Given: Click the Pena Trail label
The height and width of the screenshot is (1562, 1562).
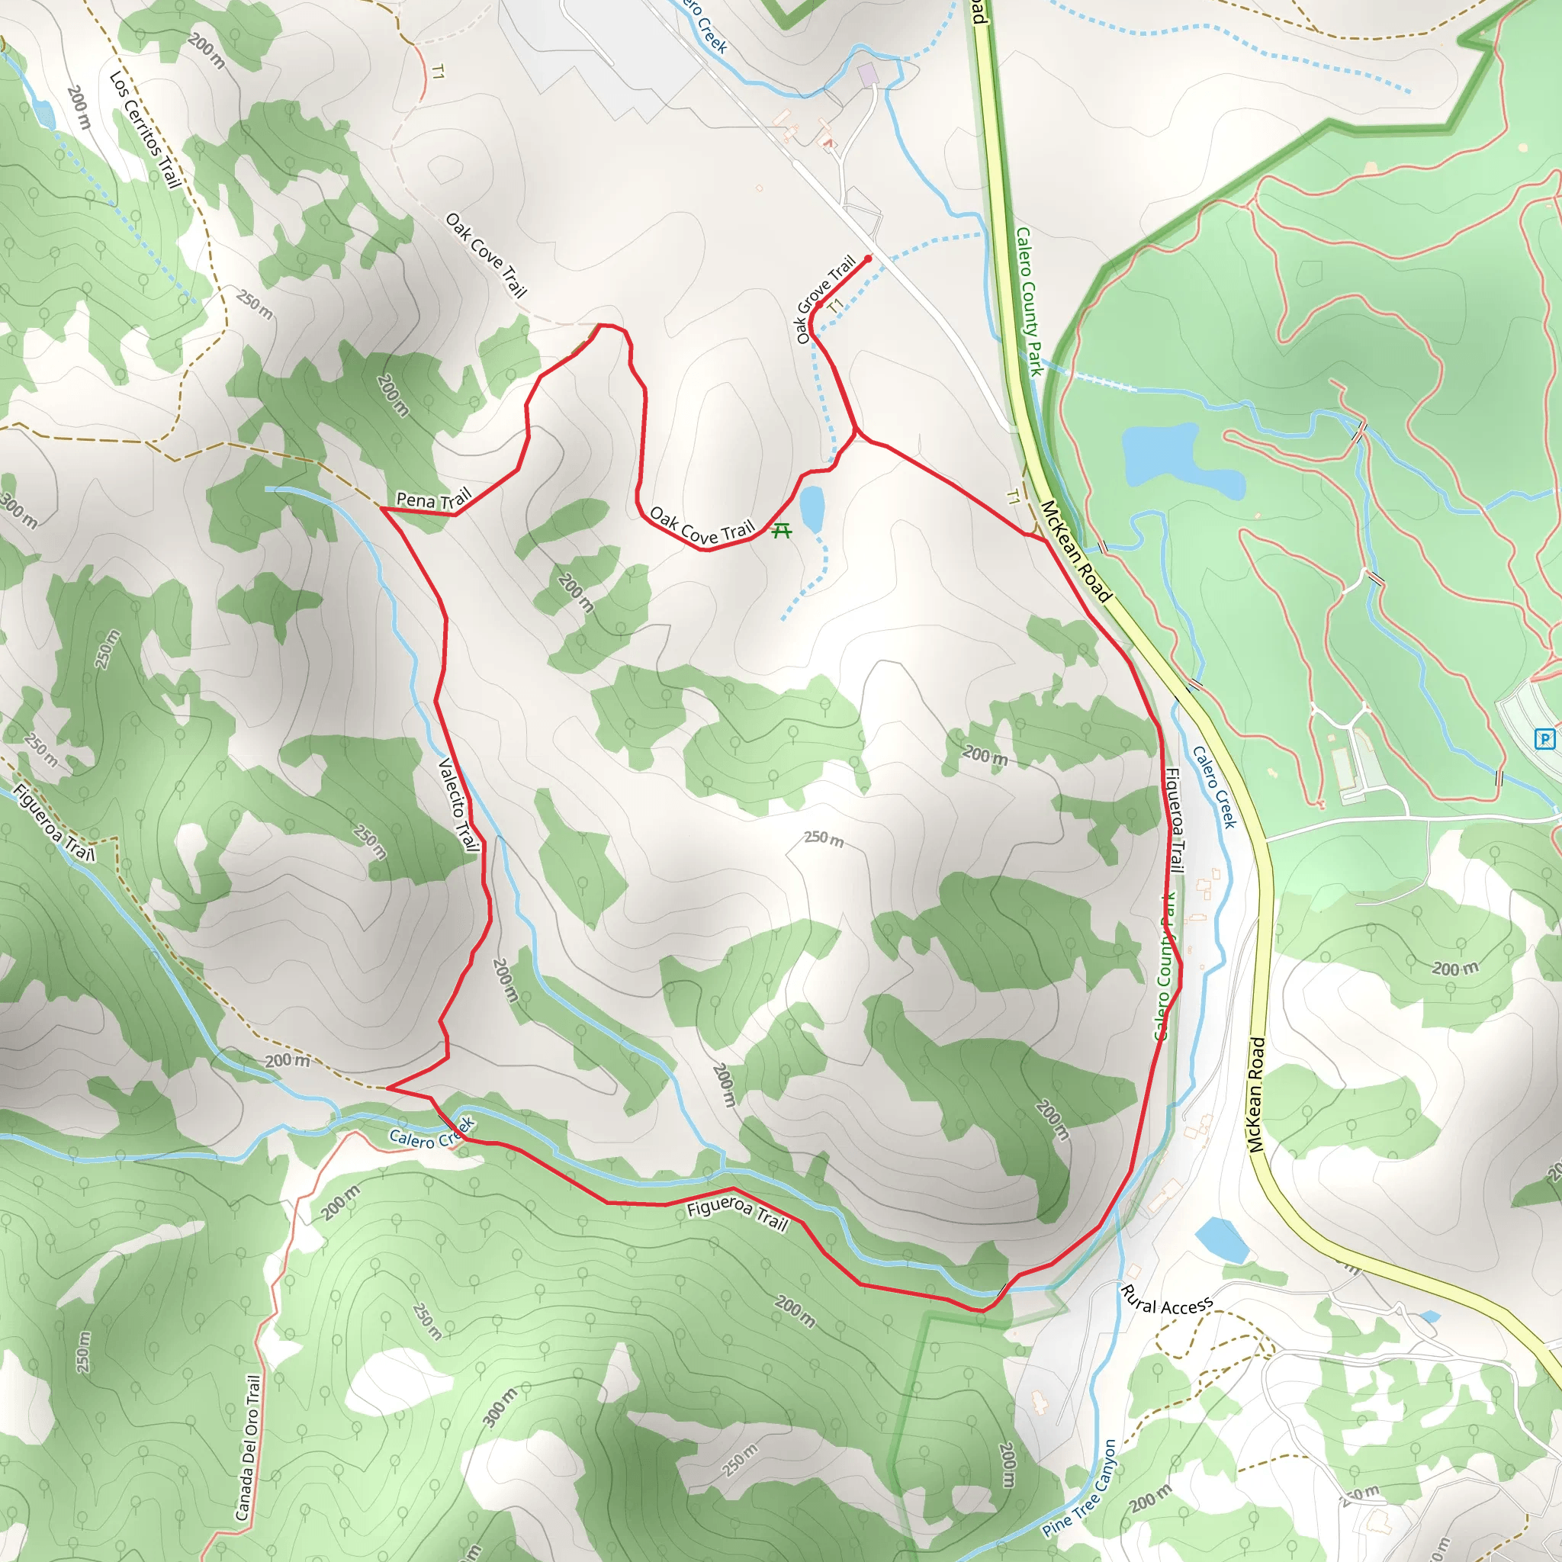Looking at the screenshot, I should click(x=433, y=499).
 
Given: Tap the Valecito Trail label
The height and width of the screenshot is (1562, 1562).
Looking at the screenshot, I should click(x=458, y=804).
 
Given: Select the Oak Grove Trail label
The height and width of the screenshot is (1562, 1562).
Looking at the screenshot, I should click(x=825, y=297).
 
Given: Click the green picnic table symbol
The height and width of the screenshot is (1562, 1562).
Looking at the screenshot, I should click(x=781, y=530).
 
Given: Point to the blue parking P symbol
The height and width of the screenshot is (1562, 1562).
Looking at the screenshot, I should click(x=1544, y=738).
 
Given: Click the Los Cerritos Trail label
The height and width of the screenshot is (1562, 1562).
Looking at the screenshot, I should click(x=145, y=130).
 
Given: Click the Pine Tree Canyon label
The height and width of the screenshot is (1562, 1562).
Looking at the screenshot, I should click(x=1079, y=1490).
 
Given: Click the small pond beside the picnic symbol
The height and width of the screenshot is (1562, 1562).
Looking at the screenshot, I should click(x=811, y=509).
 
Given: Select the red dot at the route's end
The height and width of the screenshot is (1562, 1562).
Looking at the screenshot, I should click(x=868, y=259).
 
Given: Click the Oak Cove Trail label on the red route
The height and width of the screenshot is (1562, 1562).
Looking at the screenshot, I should click(x=701, y=526).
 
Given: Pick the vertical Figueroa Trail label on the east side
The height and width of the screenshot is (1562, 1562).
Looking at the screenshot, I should click(x=1175, y=821).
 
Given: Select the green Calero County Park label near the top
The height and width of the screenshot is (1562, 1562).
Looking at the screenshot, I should click(x=1029, y=301).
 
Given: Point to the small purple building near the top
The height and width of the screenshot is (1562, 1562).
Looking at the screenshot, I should click(x=867, y=76).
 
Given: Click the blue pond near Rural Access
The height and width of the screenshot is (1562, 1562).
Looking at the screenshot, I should click(x=1221, y=1239).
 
